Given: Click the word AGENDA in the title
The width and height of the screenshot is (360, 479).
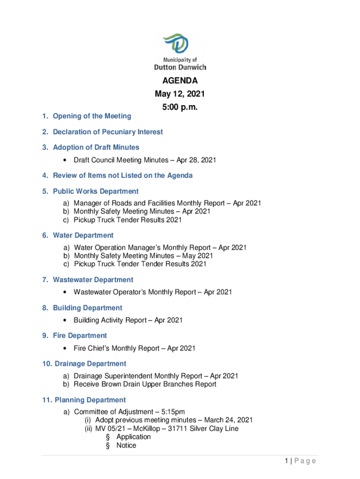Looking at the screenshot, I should click(x=180, y=81).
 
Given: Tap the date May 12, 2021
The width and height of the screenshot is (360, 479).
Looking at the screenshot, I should click(x=180, y=94).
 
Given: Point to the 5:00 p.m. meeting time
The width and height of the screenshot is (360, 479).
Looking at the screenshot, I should click(x=180, y=108).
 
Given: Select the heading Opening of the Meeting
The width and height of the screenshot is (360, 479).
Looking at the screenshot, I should click(x=92, y=116).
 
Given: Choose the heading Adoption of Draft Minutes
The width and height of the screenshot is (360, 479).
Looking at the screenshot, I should click(x=96, y=147).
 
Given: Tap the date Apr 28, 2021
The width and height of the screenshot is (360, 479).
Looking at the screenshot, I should click(x=196, y=160).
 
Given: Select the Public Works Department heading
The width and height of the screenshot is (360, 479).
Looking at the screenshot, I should click(x=95, y=191).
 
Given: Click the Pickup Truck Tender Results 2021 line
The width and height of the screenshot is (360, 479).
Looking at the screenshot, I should click(x=128, y=220).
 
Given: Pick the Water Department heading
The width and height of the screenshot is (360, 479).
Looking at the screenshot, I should click(x=83, y=235).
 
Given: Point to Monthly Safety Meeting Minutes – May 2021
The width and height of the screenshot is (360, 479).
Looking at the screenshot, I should click(x=144, y=256).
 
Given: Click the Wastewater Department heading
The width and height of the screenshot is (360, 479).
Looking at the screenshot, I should click(x=93, y=280).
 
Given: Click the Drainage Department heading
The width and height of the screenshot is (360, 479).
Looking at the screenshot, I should click(x=90, y=363).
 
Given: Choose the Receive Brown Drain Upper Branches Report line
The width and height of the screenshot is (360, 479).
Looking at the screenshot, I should click(x=145, y=384).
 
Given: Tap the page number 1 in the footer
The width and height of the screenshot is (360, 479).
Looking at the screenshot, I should click(x=286, y=461).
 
